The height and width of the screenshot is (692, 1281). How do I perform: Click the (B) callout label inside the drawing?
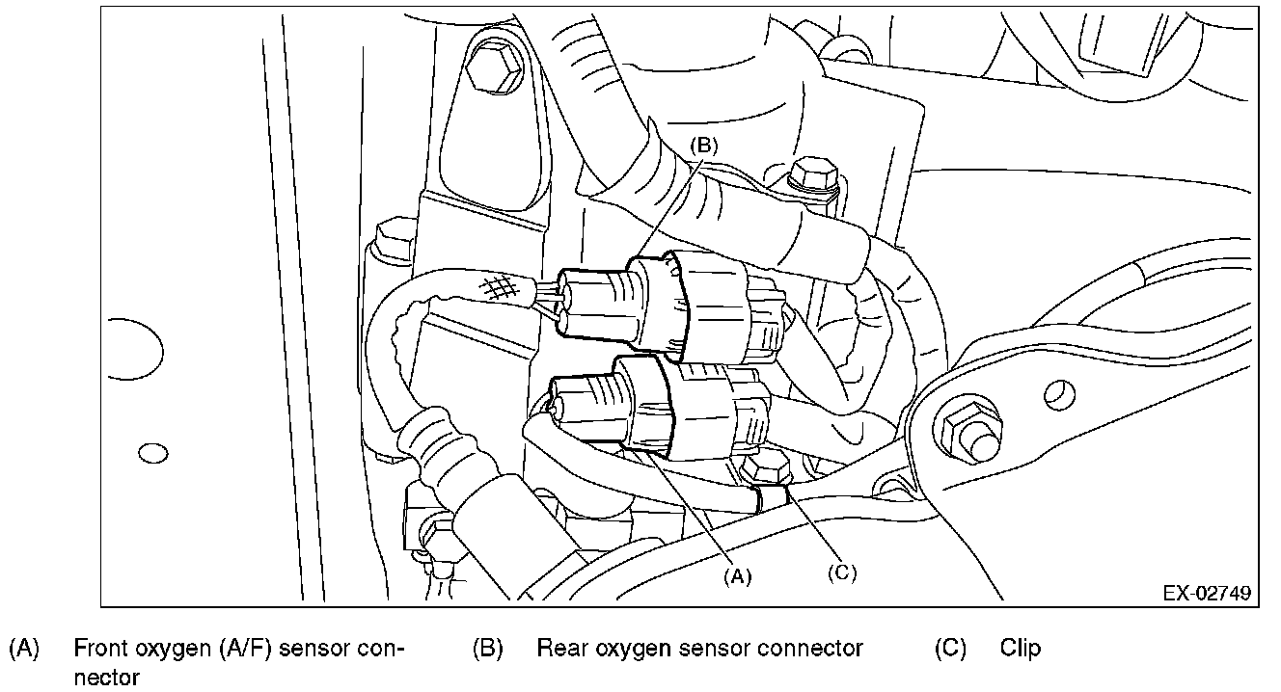(x=705, y=146)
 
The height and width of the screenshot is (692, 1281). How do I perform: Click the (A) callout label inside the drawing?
(x=737, y=575)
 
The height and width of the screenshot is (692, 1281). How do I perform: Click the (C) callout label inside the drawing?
(x=841, y=571)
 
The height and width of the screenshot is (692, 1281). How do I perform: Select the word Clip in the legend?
(x=1021, y=649)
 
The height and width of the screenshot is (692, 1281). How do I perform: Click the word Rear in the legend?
(x=560, y=649)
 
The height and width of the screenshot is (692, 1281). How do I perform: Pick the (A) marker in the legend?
(x=24, y=649)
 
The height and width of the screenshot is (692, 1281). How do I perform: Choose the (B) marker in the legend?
(x=487, y=649)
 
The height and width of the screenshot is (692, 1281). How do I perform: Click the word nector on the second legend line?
(x=107, y=677)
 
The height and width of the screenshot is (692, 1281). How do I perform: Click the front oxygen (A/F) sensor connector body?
(x=666, y=405)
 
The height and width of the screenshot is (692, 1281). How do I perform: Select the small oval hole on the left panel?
(x=153, y=452)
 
